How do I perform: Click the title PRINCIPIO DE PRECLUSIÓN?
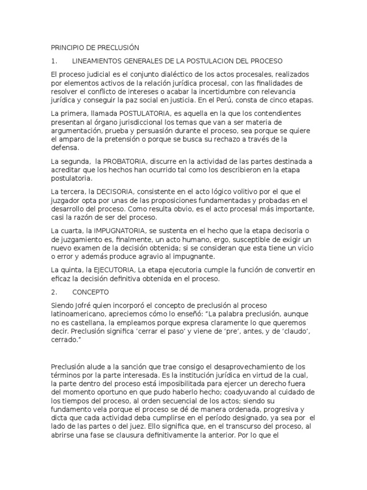pos(94,48)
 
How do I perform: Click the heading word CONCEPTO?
pos(91,292)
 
